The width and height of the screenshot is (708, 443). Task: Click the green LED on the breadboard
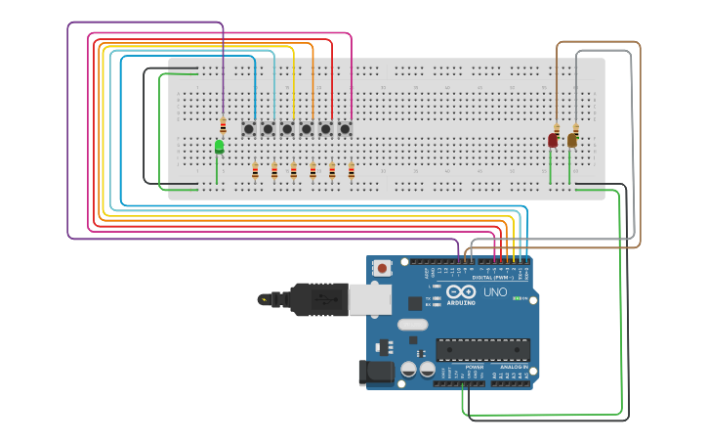point(219,147)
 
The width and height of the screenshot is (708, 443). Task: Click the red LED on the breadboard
point(553,141)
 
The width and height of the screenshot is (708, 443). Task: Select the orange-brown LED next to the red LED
point(572,141)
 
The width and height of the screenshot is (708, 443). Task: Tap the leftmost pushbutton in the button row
point(249,128)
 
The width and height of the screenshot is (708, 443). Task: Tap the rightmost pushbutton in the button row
point(345,128)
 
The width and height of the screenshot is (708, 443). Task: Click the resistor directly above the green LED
point(223,125)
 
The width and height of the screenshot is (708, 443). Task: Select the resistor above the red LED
point(557,129)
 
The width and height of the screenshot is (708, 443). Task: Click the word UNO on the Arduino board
point(495,291)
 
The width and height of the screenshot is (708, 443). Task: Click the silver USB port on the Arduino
point(371,299)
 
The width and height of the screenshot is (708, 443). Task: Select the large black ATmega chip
point(482,349)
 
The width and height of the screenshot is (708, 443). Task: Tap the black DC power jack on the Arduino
point(376,373)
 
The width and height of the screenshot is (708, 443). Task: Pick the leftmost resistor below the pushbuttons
point(255,171)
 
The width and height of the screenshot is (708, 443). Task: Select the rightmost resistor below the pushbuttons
point(351,171)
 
